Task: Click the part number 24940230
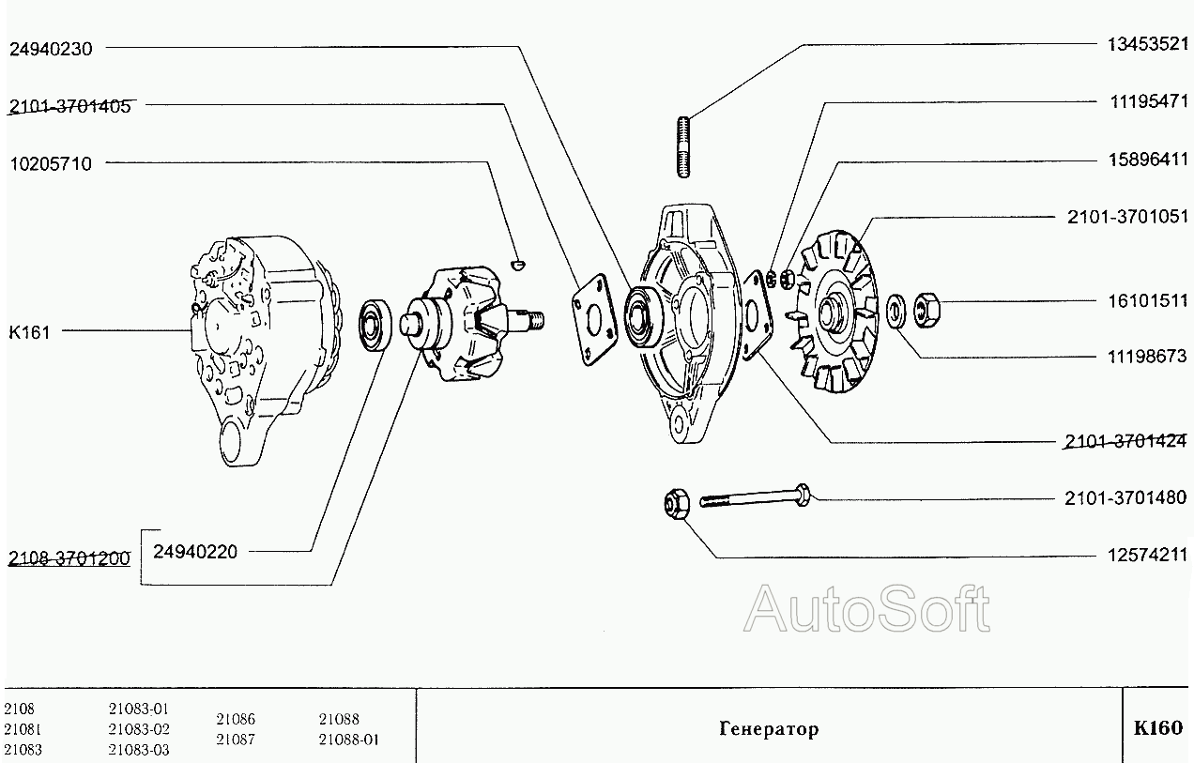tap(51, 50)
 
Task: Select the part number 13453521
tap(1146, 45)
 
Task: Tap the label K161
tap(29, 331)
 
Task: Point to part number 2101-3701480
tap(1125, 497)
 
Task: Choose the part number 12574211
tap(1146, 556)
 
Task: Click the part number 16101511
tap(1146, 301)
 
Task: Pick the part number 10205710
tap(51, 163)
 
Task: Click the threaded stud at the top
tap(682, 145)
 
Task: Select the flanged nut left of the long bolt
tap(676, 504)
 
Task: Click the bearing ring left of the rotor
tap(377, 326)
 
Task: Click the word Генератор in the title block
tap(769, 729)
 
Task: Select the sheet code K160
tap(1158, 727)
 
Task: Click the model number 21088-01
tap(348, 740)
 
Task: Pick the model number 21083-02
tap(139, 729)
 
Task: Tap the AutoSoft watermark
tap(865, 609)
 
